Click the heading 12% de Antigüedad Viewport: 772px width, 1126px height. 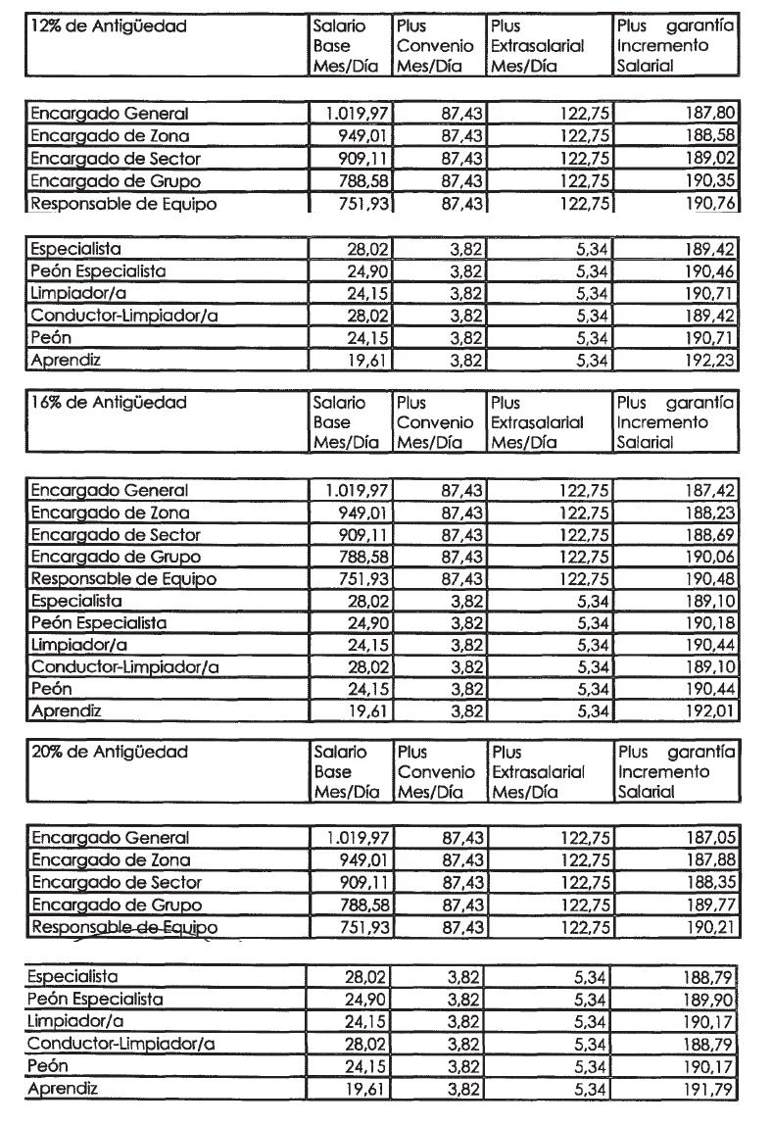click(108, 27)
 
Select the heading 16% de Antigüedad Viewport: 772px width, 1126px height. click(108, 404)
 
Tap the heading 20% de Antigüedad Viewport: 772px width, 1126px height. click(109, 753)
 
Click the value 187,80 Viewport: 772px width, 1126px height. click(708, 115)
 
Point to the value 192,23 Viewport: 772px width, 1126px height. click(708, 361)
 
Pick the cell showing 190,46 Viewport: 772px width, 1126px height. click(708, 271)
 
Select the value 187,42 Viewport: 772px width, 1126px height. click(708, 491)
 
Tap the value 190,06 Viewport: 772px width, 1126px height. click(708, 558)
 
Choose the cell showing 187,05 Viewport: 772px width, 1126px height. click(708, 839)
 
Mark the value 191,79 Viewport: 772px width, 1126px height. click(708, 1090)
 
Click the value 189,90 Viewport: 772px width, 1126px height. click(708, 1001)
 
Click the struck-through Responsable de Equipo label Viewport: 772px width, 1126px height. click(123, 928)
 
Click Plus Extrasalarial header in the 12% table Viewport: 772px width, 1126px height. click(538, 46)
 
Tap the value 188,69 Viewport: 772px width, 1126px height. click(708, 535)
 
